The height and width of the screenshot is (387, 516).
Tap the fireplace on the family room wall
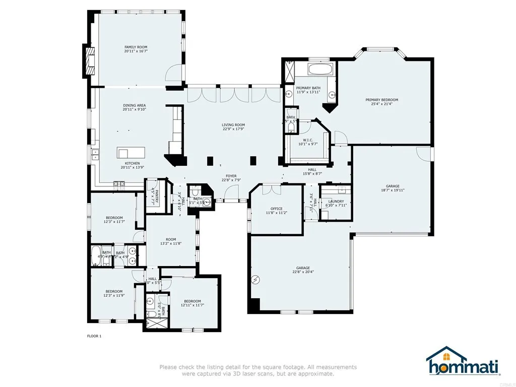click(x=90, y=60)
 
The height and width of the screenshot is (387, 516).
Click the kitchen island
click(x=131, y=153)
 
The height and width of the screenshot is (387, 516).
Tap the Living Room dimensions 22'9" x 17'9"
click(x=233, y=129)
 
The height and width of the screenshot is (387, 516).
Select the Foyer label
click(x=231, y=176)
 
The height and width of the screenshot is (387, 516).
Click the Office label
click(x=276, y=209)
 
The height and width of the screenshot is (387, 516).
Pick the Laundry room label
click(x=336, y=202)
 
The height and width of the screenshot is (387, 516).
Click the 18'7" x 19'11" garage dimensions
click(x=392, y=190)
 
